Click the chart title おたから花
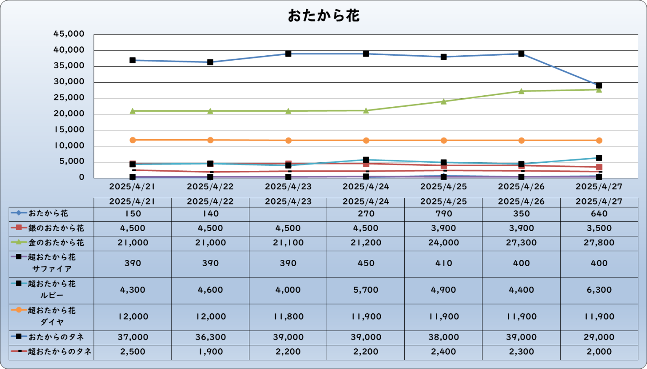click(323, 16)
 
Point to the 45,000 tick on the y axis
click(69, 34)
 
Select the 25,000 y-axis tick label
click(69, 98)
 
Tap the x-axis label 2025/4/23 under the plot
click(288, 186)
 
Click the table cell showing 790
click(444, 214)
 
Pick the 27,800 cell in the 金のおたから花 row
click(599, 243)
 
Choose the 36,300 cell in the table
click(210, 337)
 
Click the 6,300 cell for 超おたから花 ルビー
click(599, 290)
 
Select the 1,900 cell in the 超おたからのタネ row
click(210, 352)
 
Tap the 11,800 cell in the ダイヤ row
click(288, 317)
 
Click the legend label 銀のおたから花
click(56, 229)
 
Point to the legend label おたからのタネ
click(56, 337)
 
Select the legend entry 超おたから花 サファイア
click(52, 263)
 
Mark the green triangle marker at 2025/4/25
click(444, 101)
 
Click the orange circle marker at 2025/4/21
click(133, 140)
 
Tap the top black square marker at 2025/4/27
click(599, 86)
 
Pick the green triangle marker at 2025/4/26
click(521, 91)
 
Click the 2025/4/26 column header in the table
click(521, 202)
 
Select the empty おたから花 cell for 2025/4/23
click(288, 214)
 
